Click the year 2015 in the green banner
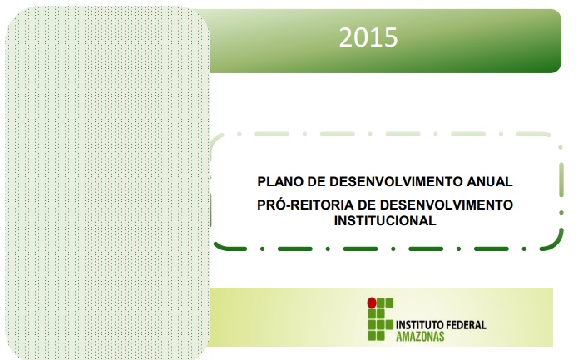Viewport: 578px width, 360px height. tap(368, 37)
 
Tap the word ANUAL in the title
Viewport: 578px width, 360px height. tap(490, 181)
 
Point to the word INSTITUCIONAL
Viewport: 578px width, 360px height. tap(385, 220)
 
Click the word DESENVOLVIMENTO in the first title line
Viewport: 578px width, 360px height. tap(396, 181)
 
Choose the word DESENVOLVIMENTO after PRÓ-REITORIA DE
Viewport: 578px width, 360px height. tap(446, 205)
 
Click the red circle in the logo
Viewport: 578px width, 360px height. tap(372, 303)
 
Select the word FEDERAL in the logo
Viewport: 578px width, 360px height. tap(463, 325)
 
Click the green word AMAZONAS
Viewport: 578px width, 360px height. tap(420, 336)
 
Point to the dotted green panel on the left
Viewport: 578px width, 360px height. tap(107, 182)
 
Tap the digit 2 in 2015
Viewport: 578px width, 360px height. tap(346, 37)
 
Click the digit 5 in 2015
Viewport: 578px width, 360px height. tap(392, 37)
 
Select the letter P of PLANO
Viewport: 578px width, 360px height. tap(261, 181)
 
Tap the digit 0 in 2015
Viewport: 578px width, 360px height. tap(361, 37)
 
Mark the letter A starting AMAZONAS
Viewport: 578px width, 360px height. tap(399, 336)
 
